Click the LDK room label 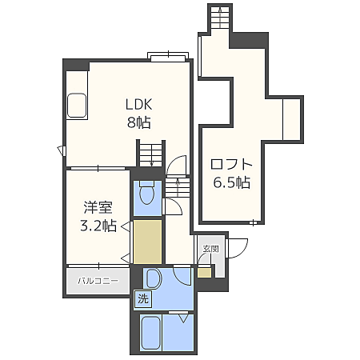[139, 104]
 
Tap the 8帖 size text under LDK [139, 122]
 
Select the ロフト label [231, 164]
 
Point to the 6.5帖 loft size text [231, 182]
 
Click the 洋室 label [98, 207]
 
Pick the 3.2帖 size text [98, 226]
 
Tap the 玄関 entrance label [210, 249]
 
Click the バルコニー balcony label [98, 281]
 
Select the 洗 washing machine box [142, 298]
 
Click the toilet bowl [147, 194]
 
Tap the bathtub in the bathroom [151, 333]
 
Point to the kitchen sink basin [77, 106]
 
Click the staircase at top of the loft [220, 18]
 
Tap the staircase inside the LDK [151, 155]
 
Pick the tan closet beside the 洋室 [147, 242]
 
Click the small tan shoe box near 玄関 [204, 273]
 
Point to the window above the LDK [168, 57]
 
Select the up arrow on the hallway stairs [178, 186]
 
